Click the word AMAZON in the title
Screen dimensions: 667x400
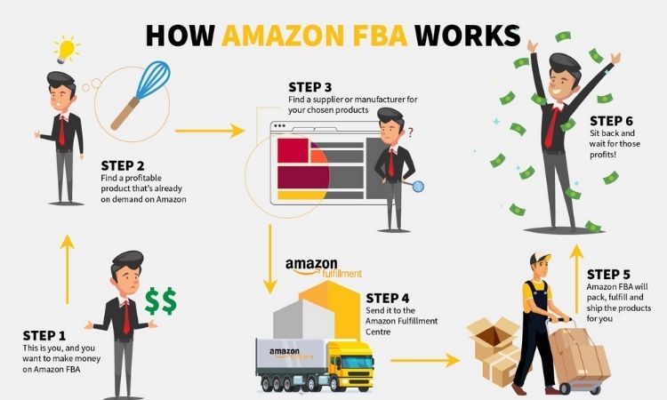pyautogui.click(x=283, y=36)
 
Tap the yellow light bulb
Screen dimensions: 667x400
pyautogui.click(x=67, y=50)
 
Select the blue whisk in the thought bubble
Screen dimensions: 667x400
pyautogui.click(x=141, y=94)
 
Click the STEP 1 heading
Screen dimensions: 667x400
pyautogui.click(x=44, y=336)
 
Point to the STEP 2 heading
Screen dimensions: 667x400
pyautogui.click(x=123, y=165)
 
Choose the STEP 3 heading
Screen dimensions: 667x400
pyautogui.click(x=309, y=87)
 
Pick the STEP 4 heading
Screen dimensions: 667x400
pyautogui.click(x=388, y=298)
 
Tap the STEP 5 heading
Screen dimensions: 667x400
pyautogui.click(x=608, y=274)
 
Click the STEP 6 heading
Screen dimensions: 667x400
pyautogui.click(x=611, y=121)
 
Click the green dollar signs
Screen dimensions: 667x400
pyautogui.click(x=160, y=301)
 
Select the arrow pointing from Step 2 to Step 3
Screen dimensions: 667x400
pyautogui.click(x=209, y=131)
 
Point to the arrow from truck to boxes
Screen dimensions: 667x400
pyautogui.click(x=425, y=361)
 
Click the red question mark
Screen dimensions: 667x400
pyautogui.click(x=410, y=132)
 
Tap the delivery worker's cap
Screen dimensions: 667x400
pyautogui.click(x=540, y=258)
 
